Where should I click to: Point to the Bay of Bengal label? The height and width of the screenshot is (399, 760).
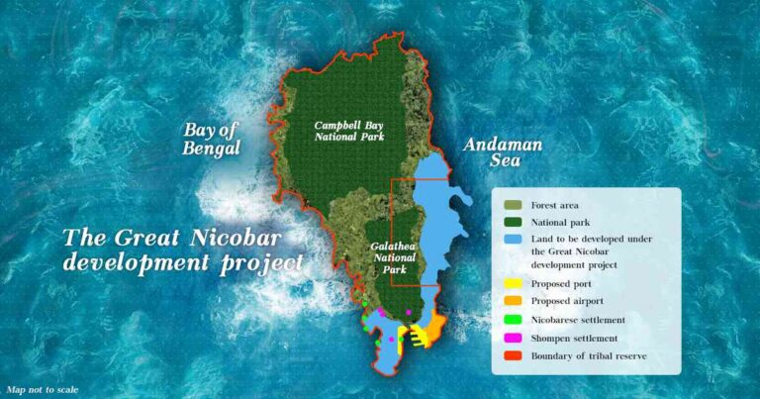point(212,140)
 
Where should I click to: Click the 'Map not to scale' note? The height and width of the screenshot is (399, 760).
point(42,390)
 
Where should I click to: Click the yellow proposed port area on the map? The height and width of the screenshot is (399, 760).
point(421,336)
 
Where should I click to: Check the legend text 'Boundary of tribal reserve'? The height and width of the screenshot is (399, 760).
point(589,355)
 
